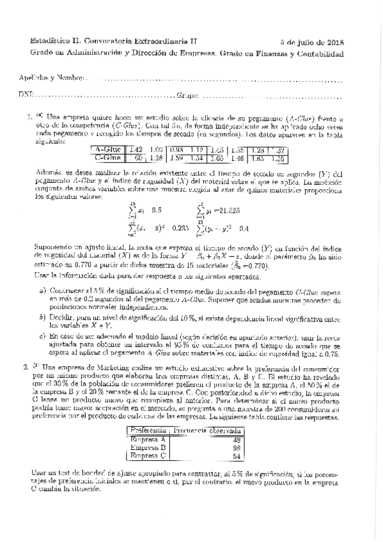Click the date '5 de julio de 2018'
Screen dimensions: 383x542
click(311, 42)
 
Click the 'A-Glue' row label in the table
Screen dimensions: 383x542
click(106, 148)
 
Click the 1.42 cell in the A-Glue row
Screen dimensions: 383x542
click(135, 148)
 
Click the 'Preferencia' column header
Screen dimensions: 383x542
click(148, 431)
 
